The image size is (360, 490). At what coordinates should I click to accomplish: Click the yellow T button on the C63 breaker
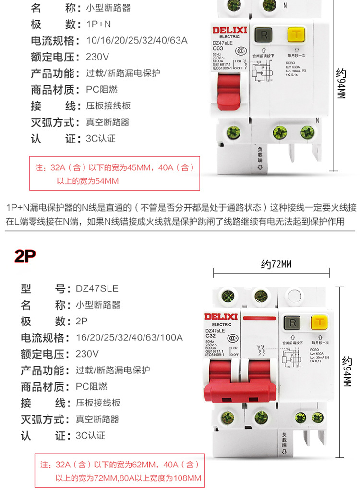(x=296, y=36)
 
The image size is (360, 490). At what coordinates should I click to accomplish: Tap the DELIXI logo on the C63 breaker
(x=229, y=30)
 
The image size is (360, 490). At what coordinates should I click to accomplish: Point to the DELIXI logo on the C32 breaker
(x=221, y=316)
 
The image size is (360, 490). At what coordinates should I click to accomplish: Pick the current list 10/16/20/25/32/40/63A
(x=136, y=41)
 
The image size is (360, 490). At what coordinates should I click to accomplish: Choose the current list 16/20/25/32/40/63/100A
(x=129, y=337)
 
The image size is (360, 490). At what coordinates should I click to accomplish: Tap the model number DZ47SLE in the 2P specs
(x=96, y=288)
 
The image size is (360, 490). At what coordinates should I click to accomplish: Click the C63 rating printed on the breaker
(x=218, y=48)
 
